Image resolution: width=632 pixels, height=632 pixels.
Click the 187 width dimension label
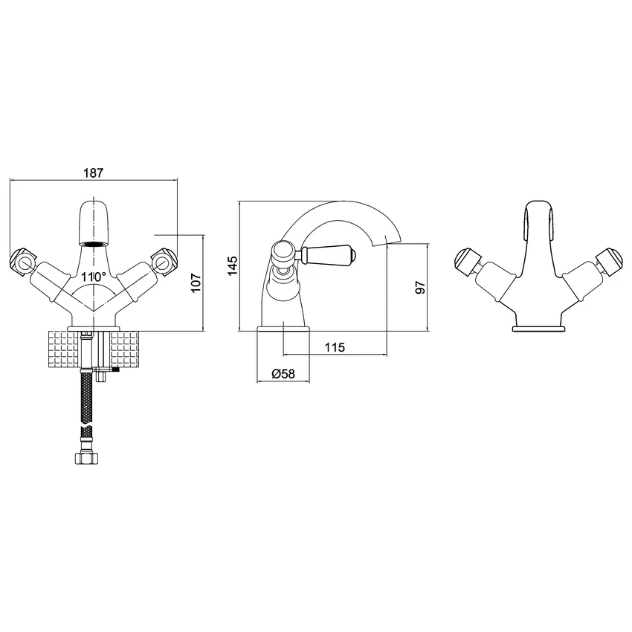point(93,172)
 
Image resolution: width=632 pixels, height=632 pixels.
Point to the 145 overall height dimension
point(232,265)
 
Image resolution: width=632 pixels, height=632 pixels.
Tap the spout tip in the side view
point(393,239)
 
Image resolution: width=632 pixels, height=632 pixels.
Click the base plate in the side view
point(284,328)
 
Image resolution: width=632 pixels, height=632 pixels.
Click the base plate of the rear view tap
point(538,328)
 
